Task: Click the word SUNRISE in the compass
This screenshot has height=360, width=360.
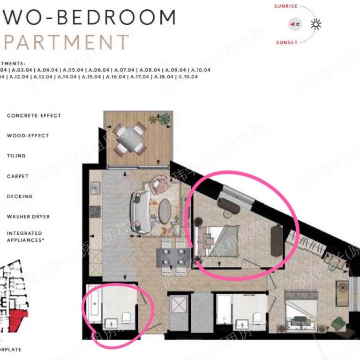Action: coord(286,6)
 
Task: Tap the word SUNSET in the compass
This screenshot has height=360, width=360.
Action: coord(286,42)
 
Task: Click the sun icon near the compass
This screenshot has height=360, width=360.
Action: coord(317,24)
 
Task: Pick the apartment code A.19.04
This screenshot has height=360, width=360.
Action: coord(188,76)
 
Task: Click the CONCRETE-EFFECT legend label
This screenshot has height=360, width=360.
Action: coord(34,115)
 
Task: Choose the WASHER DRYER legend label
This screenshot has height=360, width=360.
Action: coord(28,217)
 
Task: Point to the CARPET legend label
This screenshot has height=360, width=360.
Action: coord(18,176)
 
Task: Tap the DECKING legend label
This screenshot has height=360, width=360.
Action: coord(20,196)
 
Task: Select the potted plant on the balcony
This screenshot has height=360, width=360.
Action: coord(164,119)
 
